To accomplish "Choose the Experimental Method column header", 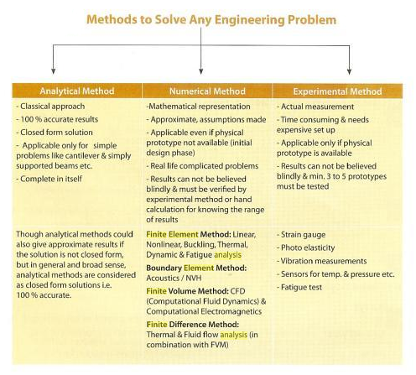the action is click(343, 91).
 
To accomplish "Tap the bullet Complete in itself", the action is click(55, 179).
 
